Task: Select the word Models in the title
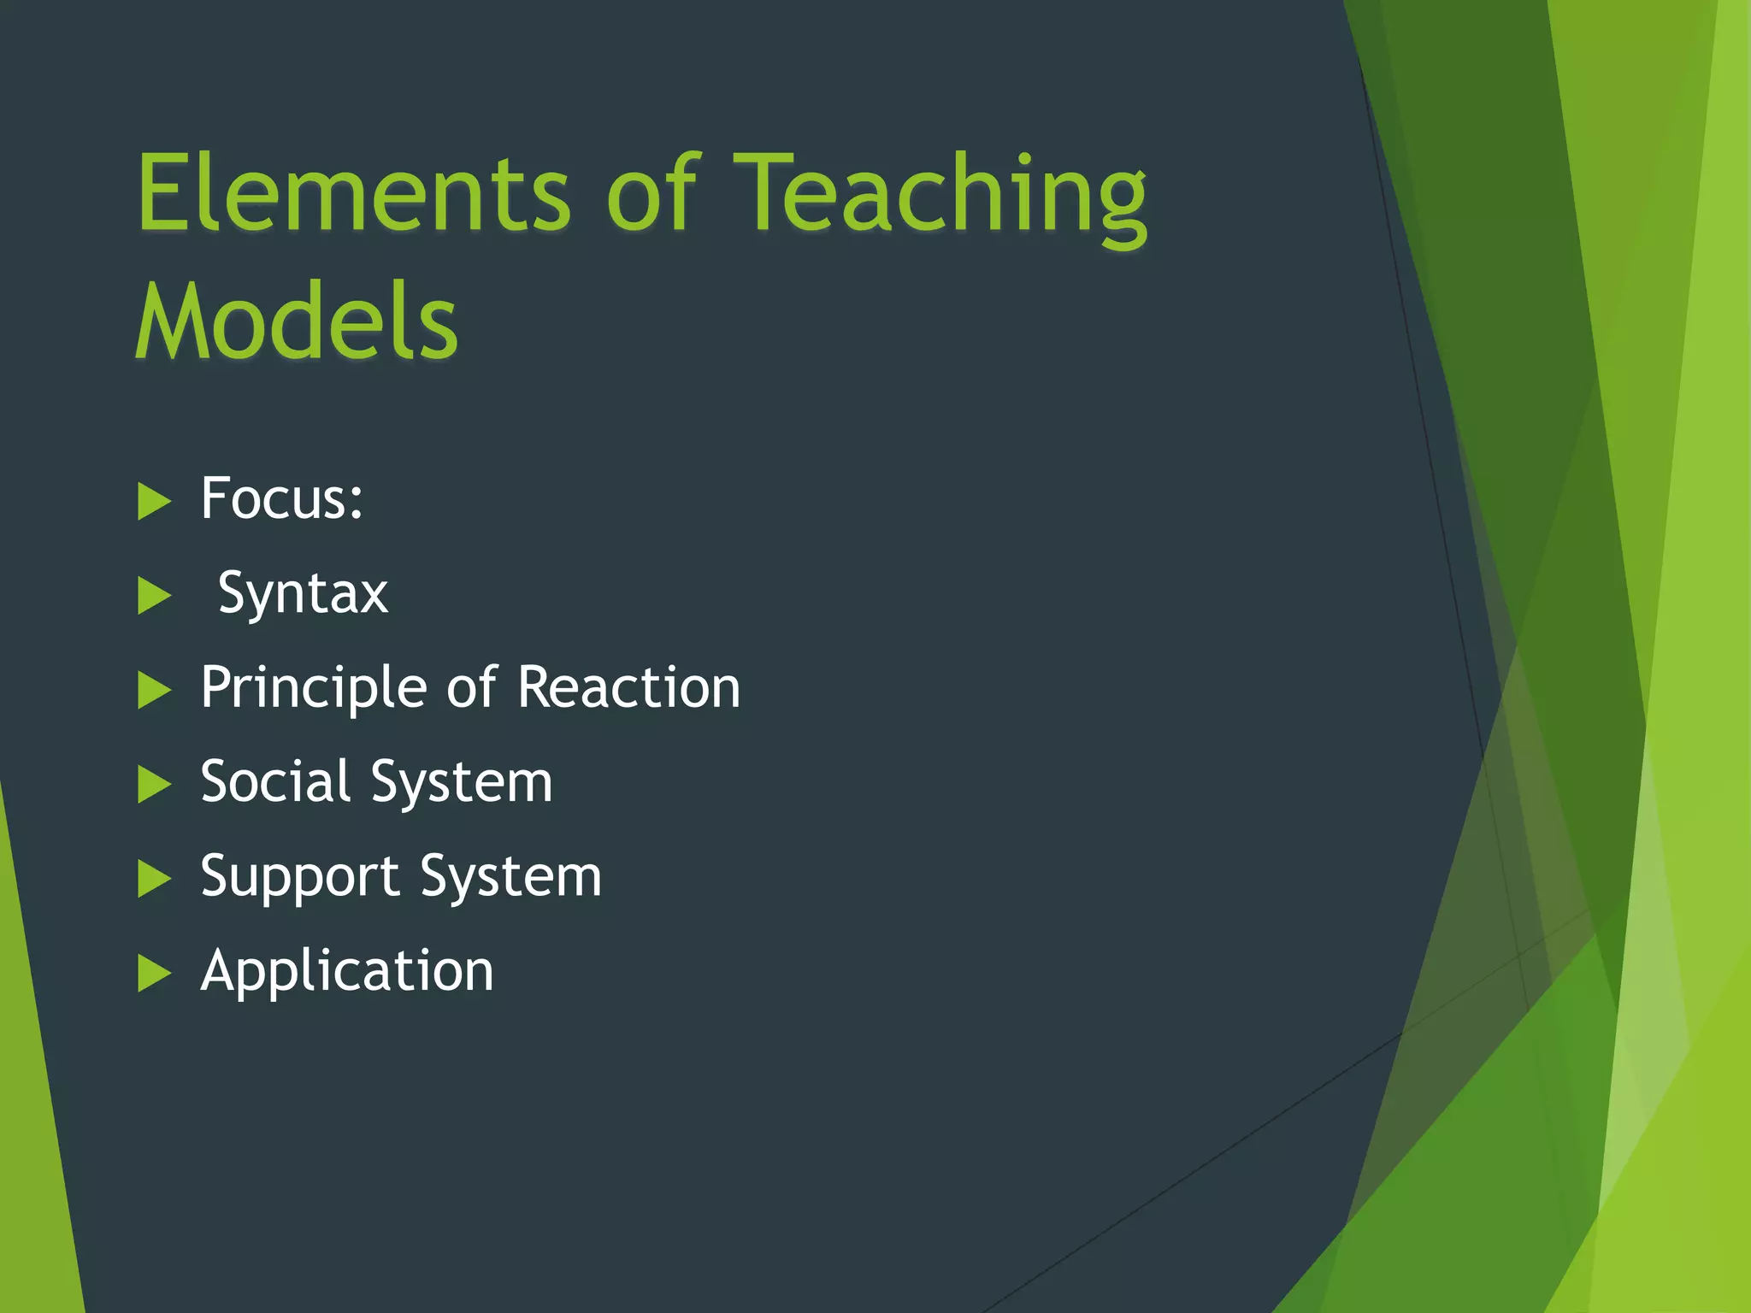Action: (297, 323)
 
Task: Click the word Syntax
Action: (303, 594)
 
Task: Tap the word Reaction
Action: (629, 687)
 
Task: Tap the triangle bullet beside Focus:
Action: (154, 502)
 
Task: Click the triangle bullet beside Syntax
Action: (154, 597)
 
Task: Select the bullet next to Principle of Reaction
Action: (154, 691)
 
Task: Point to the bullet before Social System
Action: (154, 785)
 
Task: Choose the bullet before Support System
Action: (154, 880)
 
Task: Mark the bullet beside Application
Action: (154, 974)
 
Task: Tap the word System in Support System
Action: (510, 878)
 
